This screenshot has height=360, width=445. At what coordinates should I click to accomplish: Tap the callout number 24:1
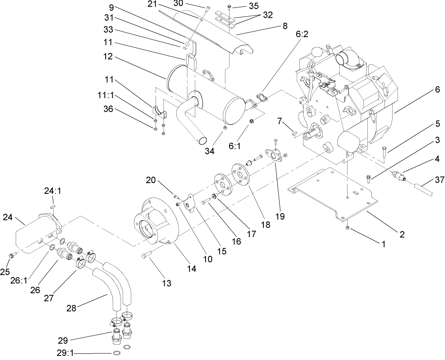coord(52,191)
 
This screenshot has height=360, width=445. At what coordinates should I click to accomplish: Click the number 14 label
coord(191,268)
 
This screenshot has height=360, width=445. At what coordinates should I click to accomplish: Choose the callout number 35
coord(254,6)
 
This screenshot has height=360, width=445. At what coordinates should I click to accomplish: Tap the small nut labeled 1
coord(348,227)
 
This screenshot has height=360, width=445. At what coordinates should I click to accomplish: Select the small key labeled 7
coord(294,132)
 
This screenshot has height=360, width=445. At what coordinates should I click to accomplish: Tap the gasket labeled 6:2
coord(260,97)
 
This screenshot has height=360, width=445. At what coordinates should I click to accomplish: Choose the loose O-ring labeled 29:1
coord(117,353)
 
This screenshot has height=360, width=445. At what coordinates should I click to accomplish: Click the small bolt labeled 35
coord(230,7)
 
